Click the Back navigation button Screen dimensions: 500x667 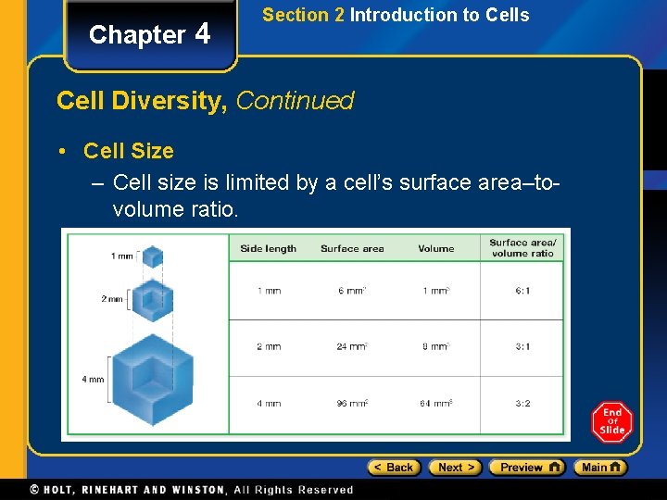pos(394,468)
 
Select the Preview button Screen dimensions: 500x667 pos(526,468)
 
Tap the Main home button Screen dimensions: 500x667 pos(599,468)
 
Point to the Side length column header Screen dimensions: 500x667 pos(268,248)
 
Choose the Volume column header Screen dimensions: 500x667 pos(435,248)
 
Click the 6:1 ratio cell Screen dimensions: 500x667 pos(522,291)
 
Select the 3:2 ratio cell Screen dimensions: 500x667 pos(522,404)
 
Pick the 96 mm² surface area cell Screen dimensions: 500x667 pos(352,404)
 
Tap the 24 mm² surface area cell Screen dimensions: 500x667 pos(352,347)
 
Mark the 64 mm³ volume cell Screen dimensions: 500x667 pos(435,404)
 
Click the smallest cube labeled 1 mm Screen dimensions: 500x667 pos(153,256)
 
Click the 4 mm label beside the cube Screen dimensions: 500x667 pos(94,380)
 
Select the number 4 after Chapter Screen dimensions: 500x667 pos(203,33)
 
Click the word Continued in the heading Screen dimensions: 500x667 pos(296,100)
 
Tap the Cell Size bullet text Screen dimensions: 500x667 pos(128,150)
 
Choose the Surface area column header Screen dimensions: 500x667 pos(352,248)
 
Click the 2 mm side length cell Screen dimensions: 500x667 pos(269,347)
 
